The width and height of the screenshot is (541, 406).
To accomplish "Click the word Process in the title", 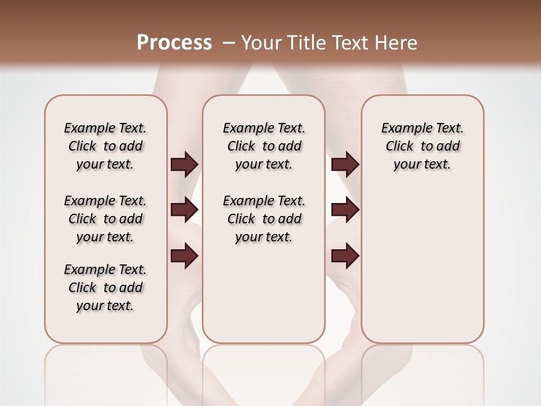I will click(x=174, y=42).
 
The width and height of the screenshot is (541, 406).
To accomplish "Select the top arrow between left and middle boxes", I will click(x=184, y=165).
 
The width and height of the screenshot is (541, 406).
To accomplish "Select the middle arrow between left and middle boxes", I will click(x=184, y=210).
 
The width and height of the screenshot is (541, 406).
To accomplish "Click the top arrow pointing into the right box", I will click(x=345, y=165).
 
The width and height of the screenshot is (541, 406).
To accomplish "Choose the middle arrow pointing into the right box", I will click(x=345, y=210).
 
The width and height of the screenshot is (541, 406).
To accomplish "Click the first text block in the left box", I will click(x=105, y=146).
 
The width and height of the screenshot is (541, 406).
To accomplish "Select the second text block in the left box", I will click(x=105, y=219).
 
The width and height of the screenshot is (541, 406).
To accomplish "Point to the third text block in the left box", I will click(x=105, y=288).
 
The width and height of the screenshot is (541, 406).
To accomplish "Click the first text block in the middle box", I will click(x=264, y=146).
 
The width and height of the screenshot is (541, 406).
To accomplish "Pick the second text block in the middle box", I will click(x=264, y=219).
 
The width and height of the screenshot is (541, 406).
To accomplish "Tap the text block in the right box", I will click(x=423, y=146).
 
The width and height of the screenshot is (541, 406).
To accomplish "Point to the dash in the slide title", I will click(x=228, y=43).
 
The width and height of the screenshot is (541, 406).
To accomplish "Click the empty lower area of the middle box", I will click(x=264, y=293).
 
